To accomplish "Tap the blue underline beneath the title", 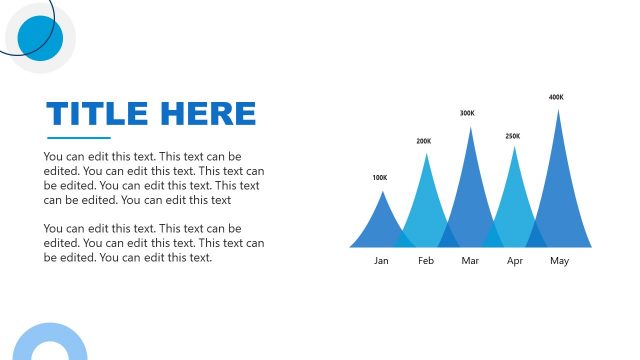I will click(78, 138).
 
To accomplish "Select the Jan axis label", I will click(381, 261).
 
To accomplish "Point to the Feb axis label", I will click(426, 261).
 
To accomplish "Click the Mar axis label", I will click(471, 261).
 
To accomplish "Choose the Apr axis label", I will click(515, 261).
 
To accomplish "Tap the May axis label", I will click(559, 261).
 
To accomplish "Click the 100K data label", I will click(379, 178).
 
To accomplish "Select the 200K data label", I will click(424, 141).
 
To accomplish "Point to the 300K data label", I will click(467, 113).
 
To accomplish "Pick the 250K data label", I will click(512, 136).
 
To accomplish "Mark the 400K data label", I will click(556, 97).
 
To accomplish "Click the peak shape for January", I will click(380, 225).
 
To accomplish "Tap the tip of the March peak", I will click(470, 129).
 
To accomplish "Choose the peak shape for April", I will click(515, 200).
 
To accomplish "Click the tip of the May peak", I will click(558, 111).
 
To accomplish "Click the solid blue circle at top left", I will click(40, 38).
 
